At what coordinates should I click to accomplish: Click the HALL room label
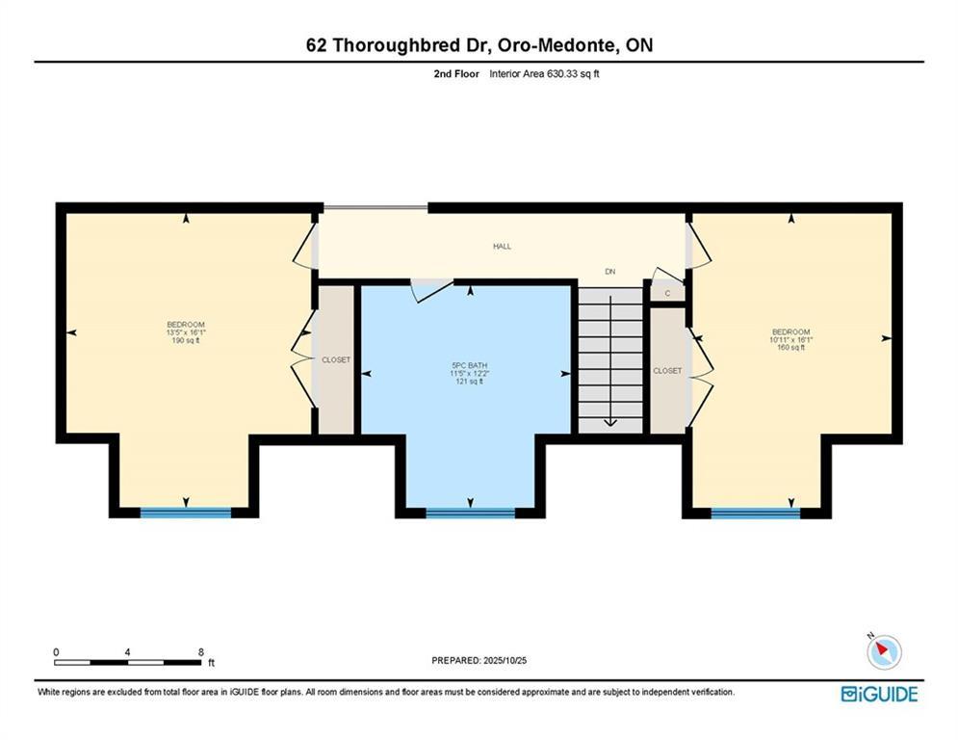point(503,247)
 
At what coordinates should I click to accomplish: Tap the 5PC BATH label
point(470,366)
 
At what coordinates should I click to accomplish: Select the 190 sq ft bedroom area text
point(186,341)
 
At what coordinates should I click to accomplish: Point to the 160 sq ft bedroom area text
point(791,348)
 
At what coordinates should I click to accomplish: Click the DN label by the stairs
point(609,272)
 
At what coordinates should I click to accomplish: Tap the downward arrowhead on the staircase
point(610,422)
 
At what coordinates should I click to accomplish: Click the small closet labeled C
point(667,294)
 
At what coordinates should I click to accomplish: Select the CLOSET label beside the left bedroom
point(336,360)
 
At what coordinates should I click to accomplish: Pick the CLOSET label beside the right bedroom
point(667,371)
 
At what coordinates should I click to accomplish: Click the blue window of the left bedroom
point(186,513)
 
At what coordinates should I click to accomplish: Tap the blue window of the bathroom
point(471,514)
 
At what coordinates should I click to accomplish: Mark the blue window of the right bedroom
point(756,514)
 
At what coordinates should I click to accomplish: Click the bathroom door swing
point(432,290)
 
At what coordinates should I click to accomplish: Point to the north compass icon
point(884,651)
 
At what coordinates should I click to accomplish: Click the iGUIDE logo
point(879,694)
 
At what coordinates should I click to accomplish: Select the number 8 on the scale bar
point(201,652)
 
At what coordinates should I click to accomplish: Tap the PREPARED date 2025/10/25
point(505,660)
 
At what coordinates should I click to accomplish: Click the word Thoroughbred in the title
point(408,45)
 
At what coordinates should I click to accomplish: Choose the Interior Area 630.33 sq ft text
point(544,74)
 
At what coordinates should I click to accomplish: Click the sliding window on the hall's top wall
point(375,208)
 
